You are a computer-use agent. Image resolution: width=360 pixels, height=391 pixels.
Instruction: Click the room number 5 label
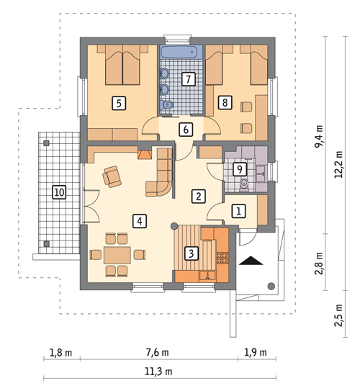[x=119, y=103]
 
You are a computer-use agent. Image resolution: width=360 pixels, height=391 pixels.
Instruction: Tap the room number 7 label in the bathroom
[x=188, y=79]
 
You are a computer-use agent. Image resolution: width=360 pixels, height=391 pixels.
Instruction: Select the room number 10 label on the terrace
[x=59, y=192]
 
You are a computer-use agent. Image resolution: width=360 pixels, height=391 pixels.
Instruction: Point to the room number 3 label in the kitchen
[x=192, y=253]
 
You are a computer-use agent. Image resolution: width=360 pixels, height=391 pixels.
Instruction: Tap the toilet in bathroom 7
[x=166, y=104]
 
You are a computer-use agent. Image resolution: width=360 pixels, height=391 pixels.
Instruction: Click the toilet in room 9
[x=244, y=185]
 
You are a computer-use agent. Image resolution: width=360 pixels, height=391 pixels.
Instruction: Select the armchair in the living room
[x=112, y=176]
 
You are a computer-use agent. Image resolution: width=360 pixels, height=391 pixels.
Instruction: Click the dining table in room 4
[x=117, y=255]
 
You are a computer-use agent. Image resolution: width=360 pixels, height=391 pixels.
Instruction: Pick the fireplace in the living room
[x=144, y=155]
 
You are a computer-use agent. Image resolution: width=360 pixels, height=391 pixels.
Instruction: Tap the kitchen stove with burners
[x=222, y=258]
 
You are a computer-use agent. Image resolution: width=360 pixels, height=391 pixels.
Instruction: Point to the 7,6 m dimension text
[x=157, y=352]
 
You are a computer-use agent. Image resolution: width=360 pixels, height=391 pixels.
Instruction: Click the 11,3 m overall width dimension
[x=158, y=372]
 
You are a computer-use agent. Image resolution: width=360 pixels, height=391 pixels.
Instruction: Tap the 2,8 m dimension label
[x=319, y=264]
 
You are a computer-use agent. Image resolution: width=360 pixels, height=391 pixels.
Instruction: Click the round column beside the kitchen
[x=174, y=226]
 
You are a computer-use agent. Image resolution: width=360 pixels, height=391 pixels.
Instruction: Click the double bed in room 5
[x=122, y=65]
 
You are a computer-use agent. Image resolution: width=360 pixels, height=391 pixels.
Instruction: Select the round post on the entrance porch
[x=271, y=286]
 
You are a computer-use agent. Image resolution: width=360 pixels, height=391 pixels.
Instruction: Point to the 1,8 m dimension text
[x=61, y=353]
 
